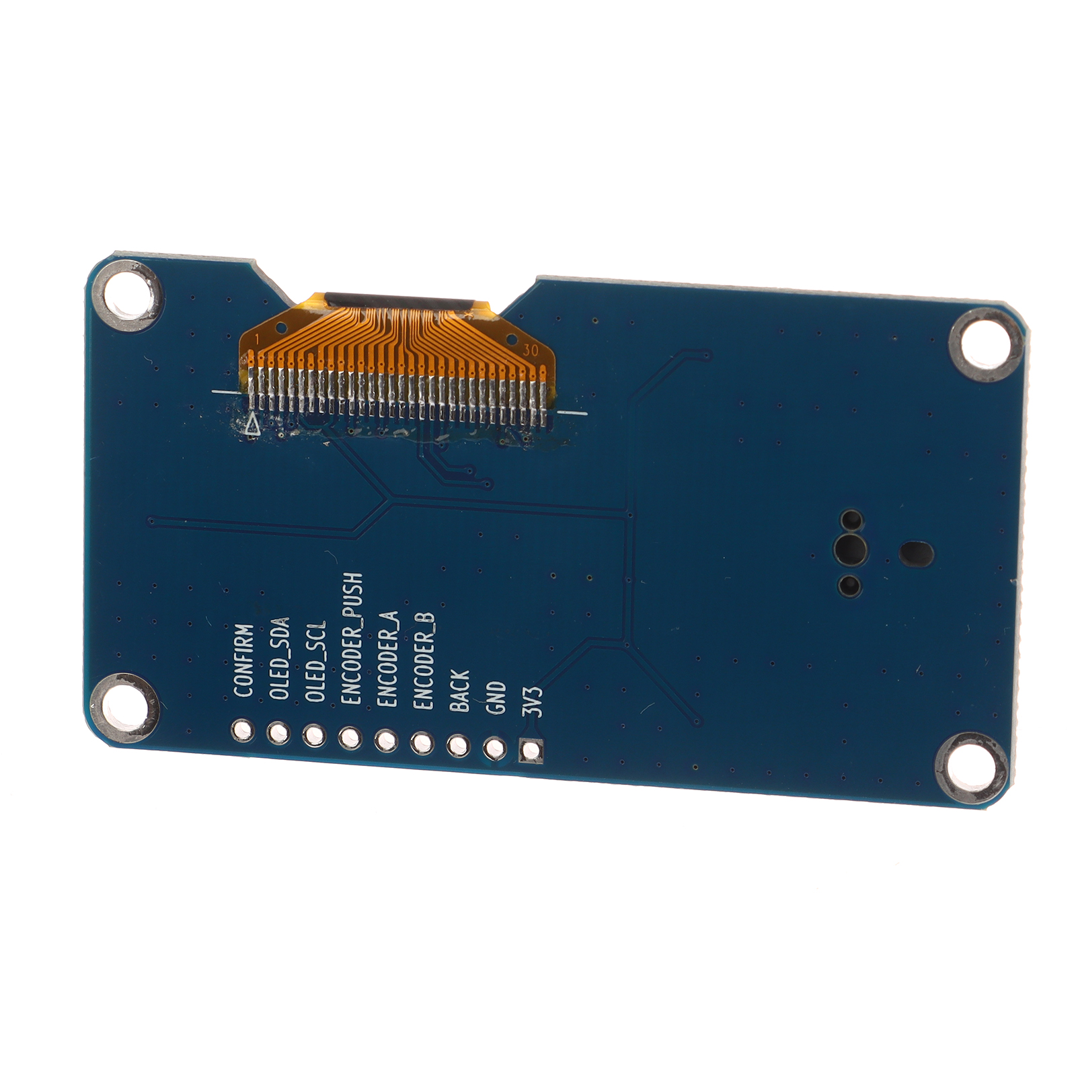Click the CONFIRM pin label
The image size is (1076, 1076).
tap(243, 661)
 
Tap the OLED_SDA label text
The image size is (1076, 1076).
tap(279, 658)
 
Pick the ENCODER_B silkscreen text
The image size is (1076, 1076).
tap(424, 662)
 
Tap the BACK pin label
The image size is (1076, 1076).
tap(460, 691)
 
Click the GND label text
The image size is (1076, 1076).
tap(497, 698)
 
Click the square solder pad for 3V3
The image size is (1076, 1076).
tap(532, 751)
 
